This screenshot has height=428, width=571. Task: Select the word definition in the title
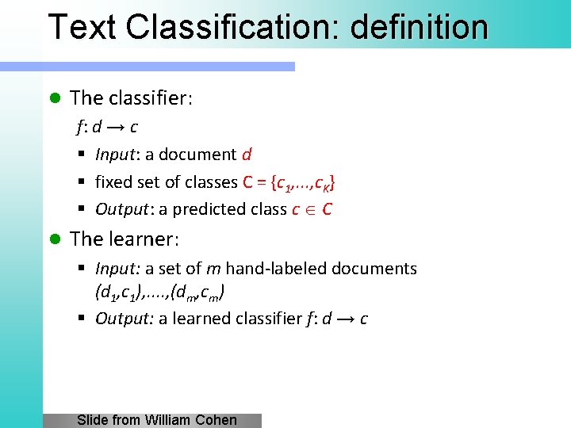pos(419,26)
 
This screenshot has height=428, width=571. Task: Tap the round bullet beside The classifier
pos(55,98)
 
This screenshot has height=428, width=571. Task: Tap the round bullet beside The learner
pos(55,239)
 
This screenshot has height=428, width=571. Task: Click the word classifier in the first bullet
pos(149,98)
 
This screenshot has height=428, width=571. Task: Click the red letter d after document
pos(247,155)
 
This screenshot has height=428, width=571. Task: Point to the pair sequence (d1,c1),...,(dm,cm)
pos(159,292)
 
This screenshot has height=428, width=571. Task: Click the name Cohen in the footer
pos(217,420)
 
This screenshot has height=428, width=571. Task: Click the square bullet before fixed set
pos(82,182)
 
